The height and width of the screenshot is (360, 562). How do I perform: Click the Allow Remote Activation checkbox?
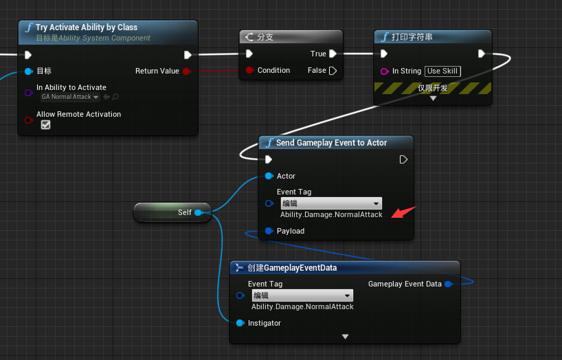click(x=46, y=125)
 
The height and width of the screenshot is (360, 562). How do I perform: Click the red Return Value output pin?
click(x=186, y=71)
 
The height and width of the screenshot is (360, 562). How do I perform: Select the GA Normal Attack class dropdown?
click(x=70, y=97)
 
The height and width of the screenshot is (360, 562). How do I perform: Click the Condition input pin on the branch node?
click(x=250, y=71)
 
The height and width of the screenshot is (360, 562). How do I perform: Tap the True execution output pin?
click(x=333, y=54)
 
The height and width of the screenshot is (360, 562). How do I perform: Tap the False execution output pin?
click(x=333, y=71)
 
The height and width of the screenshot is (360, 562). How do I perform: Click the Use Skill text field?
click(x=442, y=71)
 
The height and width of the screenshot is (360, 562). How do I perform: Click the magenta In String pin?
click(x=385, y=71)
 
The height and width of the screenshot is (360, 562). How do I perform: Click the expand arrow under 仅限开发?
click(x=433, y=98)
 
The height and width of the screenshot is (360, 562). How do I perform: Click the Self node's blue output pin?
click(x=198, y=213)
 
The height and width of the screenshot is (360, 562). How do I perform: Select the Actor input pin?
click(x=269, y=177)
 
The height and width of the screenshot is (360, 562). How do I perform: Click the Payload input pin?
click(x=269, y=231)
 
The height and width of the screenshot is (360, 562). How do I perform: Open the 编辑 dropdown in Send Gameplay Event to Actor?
click(x=330, y=203)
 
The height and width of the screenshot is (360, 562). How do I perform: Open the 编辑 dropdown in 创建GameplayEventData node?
click(x=302, y=295)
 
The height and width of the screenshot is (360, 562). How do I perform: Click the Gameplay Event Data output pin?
click(x=448, y=284)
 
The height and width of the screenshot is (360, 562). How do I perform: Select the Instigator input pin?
click(x=240, y=323)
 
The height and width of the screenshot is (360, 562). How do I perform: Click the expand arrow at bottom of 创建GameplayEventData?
click(x=345, y=337)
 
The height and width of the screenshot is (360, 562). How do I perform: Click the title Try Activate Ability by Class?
click(x=87, y=27)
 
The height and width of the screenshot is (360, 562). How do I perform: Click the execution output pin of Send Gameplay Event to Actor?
click(x=403, y=159)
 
